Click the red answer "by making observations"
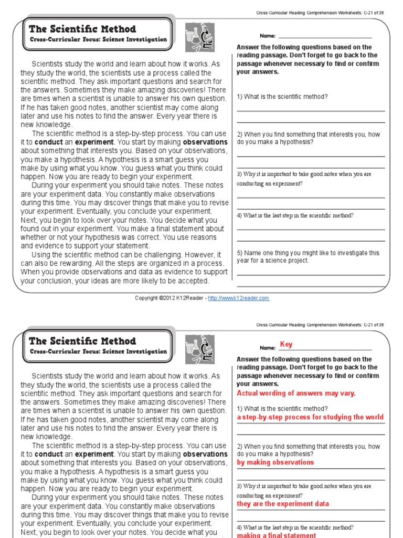pyautogui.click(x=275, y=462)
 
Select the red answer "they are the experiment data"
pyautogui.click(x=283, y=503)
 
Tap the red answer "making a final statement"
pyautogui.click(x=277, y=535)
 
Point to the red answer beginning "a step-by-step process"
pyautogui.click(x=310, y=417)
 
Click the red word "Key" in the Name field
pyautogui.click(x=286, y=345)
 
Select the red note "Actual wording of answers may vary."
pyautogui.click(x=296, y=393)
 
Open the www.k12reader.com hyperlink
pyautogui.click(x=239, y=298)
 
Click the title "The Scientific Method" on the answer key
pyautogui.click(x=82, y=341)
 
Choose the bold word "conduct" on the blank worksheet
pyautogui.click(x=49, y=142)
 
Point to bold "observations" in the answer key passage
pyautogui.click(x=205, y=454)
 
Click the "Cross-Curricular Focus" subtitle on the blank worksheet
pyautogui.click(x=98, y=39)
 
